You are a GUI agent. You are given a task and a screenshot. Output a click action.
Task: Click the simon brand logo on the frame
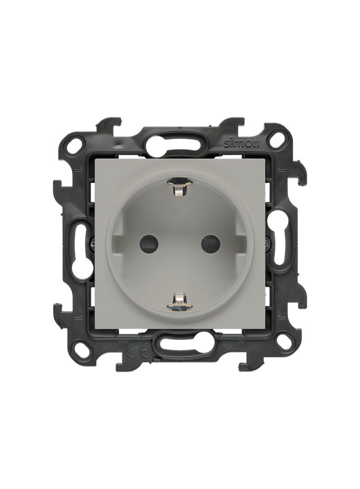click(x=242, y=143)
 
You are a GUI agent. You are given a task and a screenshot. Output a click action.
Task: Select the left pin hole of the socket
click(x=148, y=243)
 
